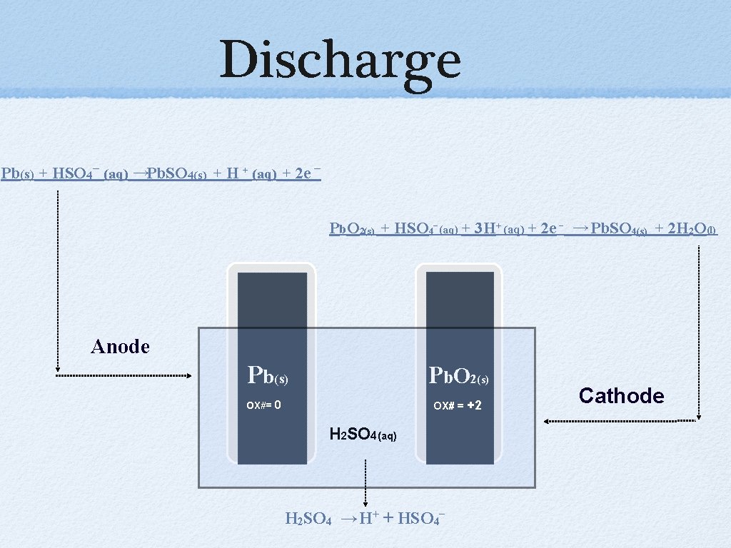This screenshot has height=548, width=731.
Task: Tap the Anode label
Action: click(121, 347)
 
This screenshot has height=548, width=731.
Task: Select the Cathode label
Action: click(621, 396)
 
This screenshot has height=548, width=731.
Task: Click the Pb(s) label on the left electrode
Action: click(267, 374)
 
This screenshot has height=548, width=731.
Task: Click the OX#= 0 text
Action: click(263, 405)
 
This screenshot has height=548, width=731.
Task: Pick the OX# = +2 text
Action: click(458, 405)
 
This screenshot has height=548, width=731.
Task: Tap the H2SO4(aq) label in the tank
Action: click(363, 432)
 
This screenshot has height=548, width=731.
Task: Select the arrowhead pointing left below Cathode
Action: click(547, 421)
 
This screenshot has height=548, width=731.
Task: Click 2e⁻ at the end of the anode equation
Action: click(307, 173)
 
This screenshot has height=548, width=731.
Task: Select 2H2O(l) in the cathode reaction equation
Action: click(690, 228)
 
